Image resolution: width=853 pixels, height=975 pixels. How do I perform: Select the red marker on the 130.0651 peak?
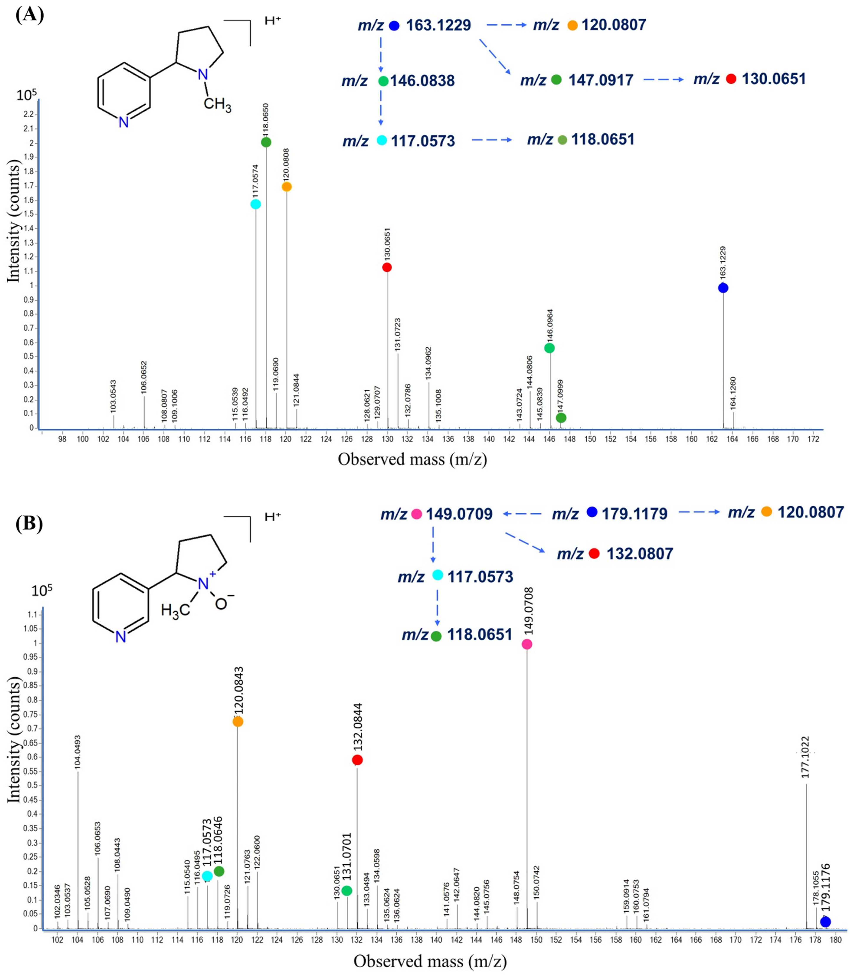pos(387,267)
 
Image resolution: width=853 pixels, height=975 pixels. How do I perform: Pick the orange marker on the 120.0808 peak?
pos(287,187)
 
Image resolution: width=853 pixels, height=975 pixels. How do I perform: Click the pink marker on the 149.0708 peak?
pos(527,644)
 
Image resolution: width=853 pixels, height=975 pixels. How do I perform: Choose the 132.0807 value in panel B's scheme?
pos(640,554)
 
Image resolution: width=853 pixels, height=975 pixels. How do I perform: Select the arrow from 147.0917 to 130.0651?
pos(663,79)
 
